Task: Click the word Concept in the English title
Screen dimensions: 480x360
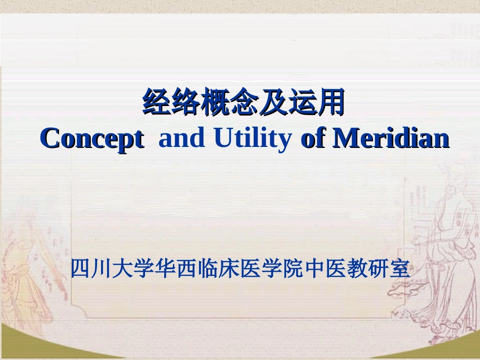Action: click(x=92, y=138)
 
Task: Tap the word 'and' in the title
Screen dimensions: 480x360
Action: click(x=181, y=137)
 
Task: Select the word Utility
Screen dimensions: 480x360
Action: click(x=253, y=138)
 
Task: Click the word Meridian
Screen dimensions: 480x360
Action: click(x=391, y=137)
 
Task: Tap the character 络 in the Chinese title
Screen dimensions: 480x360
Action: click(x=185, y=101)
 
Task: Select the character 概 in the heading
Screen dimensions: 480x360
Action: click(x=214, y=101)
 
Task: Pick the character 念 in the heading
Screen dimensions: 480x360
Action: click(x=243, y=101)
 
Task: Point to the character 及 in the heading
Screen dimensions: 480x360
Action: click(x=272, y=101)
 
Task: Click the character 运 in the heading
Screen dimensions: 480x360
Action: click(x=301, y=101)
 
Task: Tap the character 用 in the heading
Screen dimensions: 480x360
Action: click(x=330, y=101)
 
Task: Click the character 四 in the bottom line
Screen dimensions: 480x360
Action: click(x=80, y=268)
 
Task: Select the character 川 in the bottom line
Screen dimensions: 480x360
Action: click(x=101, y=268)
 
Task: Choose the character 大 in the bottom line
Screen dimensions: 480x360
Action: click(x=122, y=268)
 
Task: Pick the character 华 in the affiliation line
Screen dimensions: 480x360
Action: click(x=165, y=268)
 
